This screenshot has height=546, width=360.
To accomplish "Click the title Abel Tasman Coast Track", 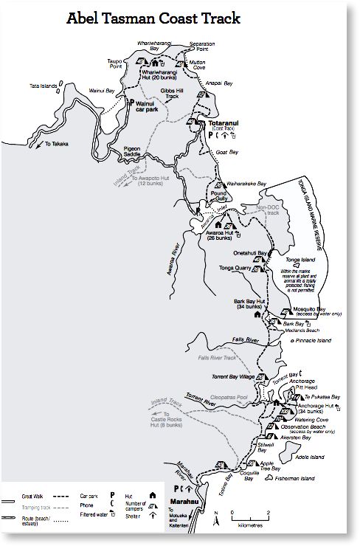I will pyautogui.click(x=153, y=19).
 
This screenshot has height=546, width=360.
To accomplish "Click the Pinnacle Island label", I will pyautogui.click(x=313, y=340).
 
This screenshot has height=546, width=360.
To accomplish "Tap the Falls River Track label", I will pyautogui.click(x=216, y=358).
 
